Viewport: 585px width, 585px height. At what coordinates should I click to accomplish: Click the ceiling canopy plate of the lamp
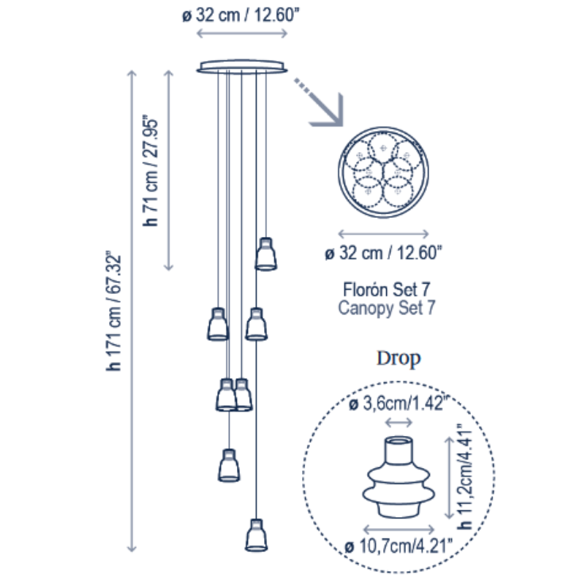pos(242,67)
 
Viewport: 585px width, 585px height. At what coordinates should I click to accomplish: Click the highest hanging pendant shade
pos(265,254)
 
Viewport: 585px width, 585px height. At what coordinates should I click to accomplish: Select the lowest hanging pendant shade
pos(257,535)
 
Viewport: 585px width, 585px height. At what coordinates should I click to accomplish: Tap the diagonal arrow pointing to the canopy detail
pos(319,102)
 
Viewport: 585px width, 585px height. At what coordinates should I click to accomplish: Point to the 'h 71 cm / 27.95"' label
pos(151,170)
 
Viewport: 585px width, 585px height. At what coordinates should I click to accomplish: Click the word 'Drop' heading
pos(399,358)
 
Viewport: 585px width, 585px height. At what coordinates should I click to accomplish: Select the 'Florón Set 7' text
pos(387,290)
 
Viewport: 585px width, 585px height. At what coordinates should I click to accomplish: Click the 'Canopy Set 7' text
pos(387,308)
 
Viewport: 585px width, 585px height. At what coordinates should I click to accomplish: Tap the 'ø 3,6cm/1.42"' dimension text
pos(398,404)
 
